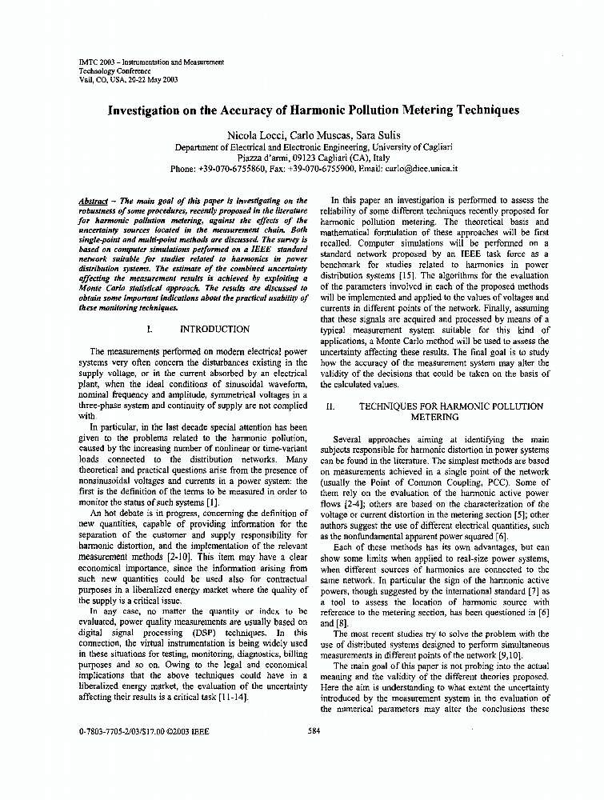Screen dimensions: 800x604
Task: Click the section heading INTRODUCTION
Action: click(214, 329)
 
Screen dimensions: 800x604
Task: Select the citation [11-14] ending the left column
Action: click(232, 697)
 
